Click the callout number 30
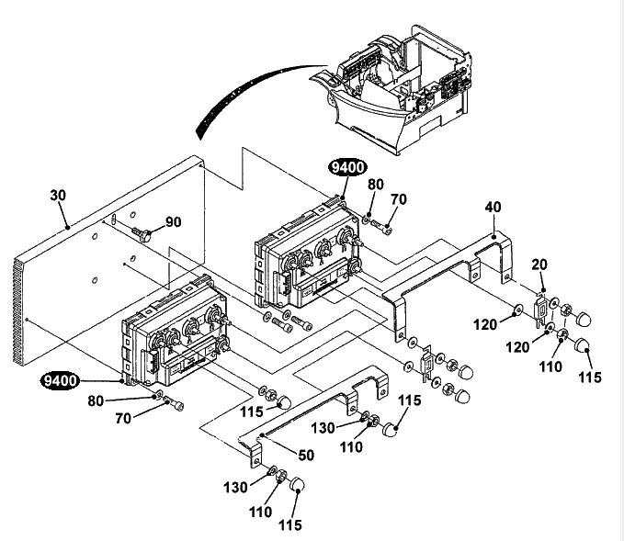coord(58,196)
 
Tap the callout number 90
coord(173,221)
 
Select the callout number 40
coord(494,207)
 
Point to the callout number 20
coord(539,265)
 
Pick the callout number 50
coord(306,455)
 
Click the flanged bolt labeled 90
coord(142,234)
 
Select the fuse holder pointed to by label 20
coord(540,311)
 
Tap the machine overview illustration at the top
coord(391,88)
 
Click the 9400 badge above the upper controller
coord(347,167)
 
